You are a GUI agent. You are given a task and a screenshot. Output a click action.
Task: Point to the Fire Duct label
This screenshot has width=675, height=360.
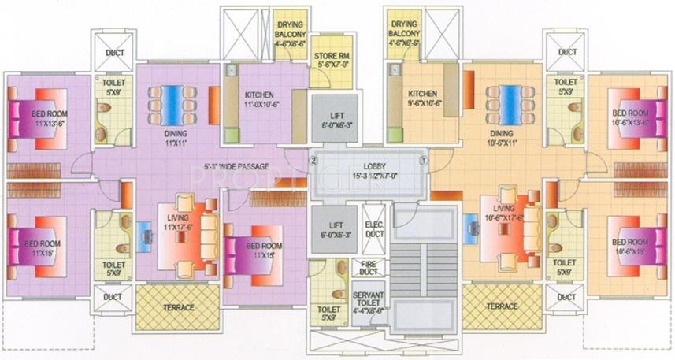coord(369,268)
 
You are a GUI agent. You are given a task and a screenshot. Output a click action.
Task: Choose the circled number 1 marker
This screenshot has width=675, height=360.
coord(424,160)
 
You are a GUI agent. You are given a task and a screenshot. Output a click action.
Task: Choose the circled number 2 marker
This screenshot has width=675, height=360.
coord(313,160)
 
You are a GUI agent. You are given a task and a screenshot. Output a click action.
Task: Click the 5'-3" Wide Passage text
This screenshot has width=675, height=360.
coord(236,166)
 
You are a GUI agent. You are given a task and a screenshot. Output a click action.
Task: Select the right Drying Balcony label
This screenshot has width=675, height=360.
coord(405,35)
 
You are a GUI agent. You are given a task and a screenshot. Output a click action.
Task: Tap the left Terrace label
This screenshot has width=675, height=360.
coord(179,306)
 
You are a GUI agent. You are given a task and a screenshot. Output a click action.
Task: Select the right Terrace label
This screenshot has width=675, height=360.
coord(503,306)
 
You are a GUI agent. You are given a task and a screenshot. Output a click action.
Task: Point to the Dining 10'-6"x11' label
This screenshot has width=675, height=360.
coord(502,139)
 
